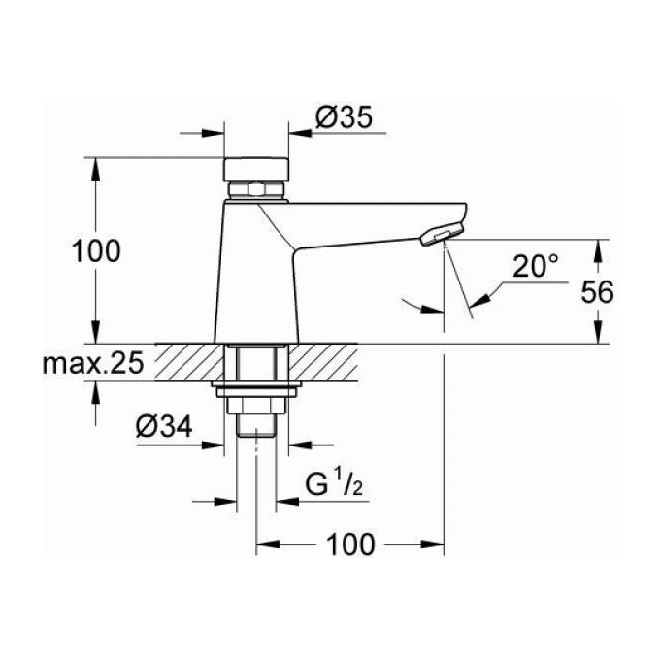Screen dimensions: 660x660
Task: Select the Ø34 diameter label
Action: (x=164, y=426)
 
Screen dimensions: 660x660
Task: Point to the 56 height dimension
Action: (x=597, y=292)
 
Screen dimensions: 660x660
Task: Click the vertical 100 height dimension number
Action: (x=96, y=251)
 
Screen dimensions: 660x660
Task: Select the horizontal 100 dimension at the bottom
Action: (x=350, y=544)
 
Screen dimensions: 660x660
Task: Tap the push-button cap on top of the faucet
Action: (x=256, y=170)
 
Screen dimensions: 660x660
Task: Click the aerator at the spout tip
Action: (x=442, y=234)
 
